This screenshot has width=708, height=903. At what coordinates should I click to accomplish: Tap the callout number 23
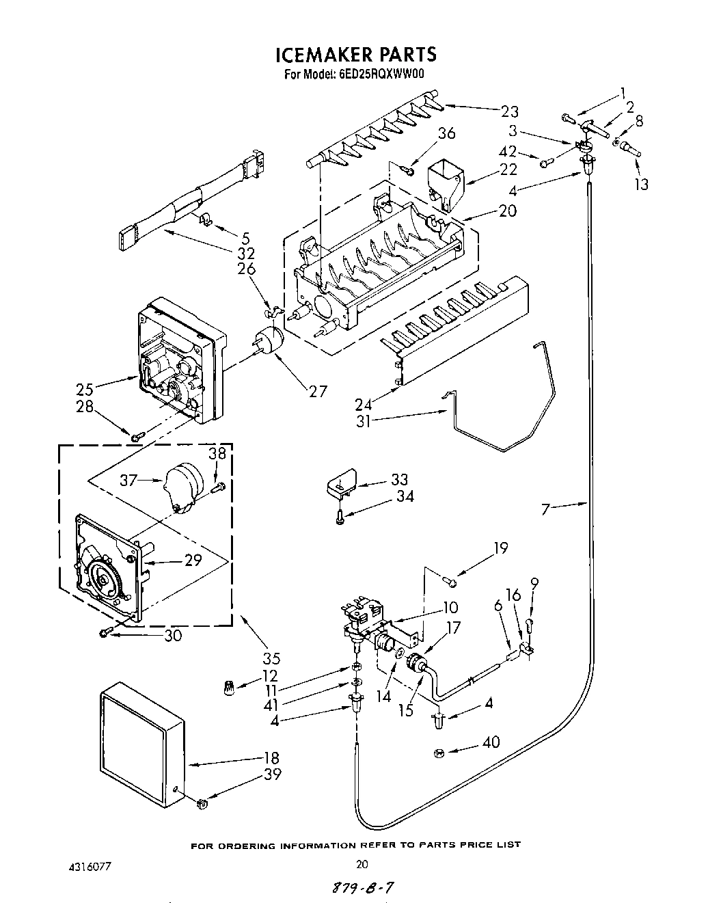click(509, 111)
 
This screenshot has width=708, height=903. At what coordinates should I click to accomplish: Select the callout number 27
click(318, 391)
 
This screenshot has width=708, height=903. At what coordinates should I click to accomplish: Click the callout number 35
click(271, 659)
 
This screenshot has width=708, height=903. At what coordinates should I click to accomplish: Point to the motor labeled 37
click(182, 485)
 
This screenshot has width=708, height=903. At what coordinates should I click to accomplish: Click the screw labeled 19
click(450, 581)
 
